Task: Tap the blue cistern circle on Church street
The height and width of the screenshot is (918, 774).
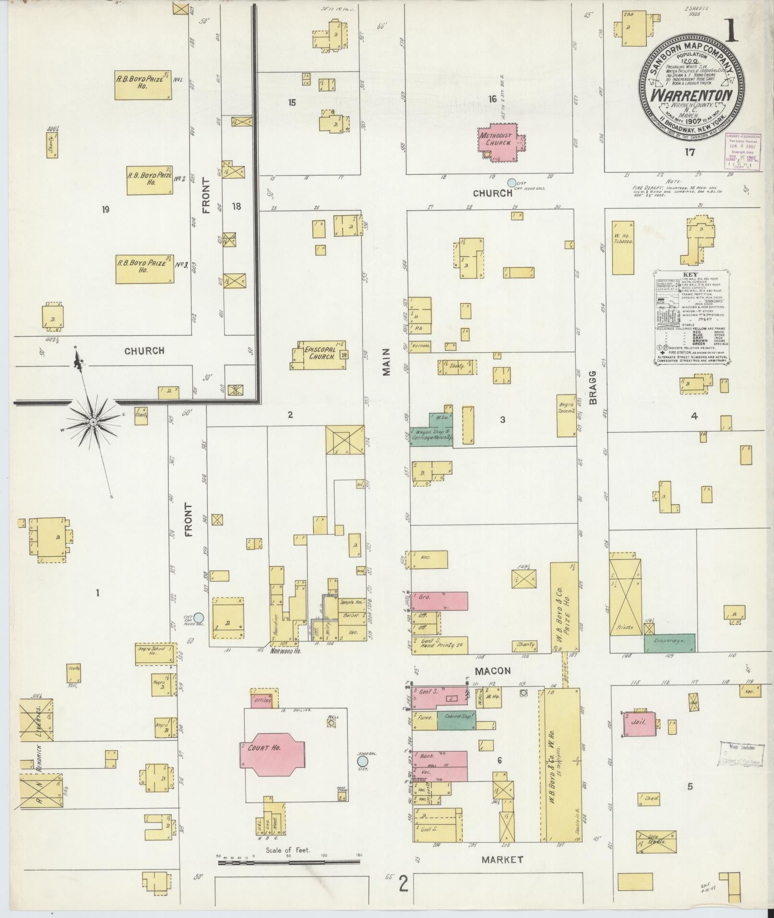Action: click(512, 182)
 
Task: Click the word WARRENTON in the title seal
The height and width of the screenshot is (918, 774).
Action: click(691, 96)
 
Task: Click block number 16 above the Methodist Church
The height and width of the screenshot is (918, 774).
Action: click(492, 99)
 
